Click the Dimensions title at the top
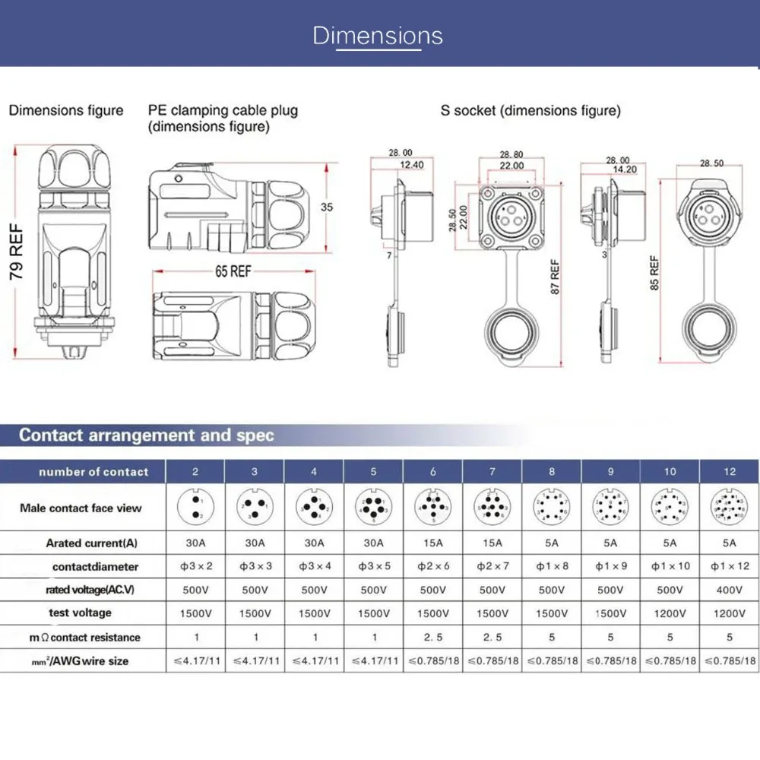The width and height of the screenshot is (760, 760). pos(378,36)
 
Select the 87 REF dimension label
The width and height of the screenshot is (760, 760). pos(555,277)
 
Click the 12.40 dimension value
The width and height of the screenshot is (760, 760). pos(410,163)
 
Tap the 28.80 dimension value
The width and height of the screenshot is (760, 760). pos(511,154)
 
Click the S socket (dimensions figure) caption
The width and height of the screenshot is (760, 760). pos(530,111)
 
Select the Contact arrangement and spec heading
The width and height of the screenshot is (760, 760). pos(146,435)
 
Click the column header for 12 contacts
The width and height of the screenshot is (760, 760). pos(730,472)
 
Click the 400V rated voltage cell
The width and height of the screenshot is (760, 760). pos(730,590)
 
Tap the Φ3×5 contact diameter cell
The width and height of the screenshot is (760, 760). pos(373,566)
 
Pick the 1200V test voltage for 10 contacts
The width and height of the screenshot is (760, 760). pos(670,613)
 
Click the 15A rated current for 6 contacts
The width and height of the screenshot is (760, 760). pos(432,543)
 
